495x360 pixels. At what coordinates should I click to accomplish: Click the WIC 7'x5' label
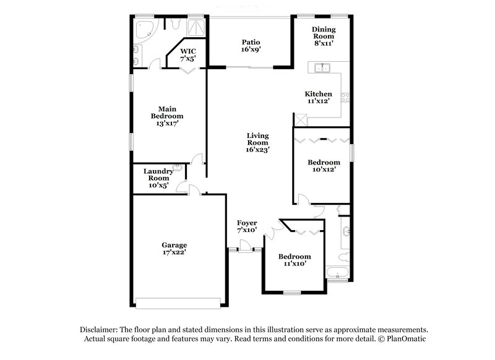click(x=188, y=54)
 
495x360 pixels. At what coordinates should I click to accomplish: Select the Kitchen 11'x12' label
click(x=318, y=97)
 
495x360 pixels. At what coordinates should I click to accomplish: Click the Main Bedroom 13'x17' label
click(x=167, y=115)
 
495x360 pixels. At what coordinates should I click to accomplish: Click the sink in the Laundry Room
click(x=178, y=167)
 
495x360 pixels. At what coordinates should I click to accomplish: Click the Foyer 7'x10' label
click(x=247, y=226)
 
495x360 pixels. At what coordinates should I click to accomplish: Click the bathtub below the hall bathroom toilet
click(x=338, y=272)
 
